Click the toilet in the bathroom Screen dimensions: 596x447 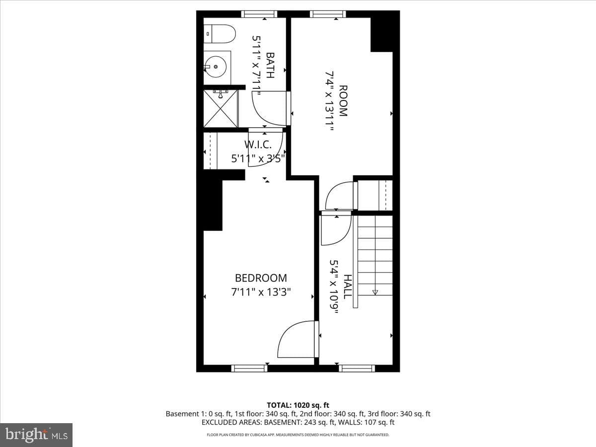(220, 34)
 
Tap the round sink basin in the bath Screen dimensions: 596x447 (216, 67)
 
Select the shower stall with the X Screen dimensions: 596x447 (221, 109)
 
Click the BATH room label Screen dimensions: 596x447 (270, 65)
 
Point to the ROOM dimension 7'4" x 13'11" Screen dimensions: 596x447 (329, 101)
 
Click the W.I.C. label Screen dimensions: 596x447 (258, 145)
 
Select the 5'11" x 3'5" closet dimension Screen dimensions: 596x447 (258, 158)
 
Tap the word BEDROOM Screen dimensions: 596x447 (261, 278)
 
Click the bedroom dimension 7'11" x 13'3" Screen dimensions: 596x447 (261, 293)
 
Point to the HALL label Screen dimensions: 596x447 (348, 287)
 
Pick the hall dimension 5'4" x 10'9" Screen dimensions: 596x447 (334, 287)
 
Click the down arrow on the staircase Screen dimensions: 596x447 (375, 293)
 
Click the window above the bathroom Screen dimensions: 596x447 (259, 14)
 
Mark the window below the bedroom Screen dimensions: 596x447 (249, 369)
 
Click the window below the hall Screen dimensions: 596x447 (357, 369)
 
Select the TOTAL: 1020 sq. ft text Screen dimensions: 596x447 (298, 405)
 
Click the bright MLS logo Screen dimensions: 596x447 (36, 435)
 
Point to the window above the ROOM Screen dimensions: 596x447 (328, 14)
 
